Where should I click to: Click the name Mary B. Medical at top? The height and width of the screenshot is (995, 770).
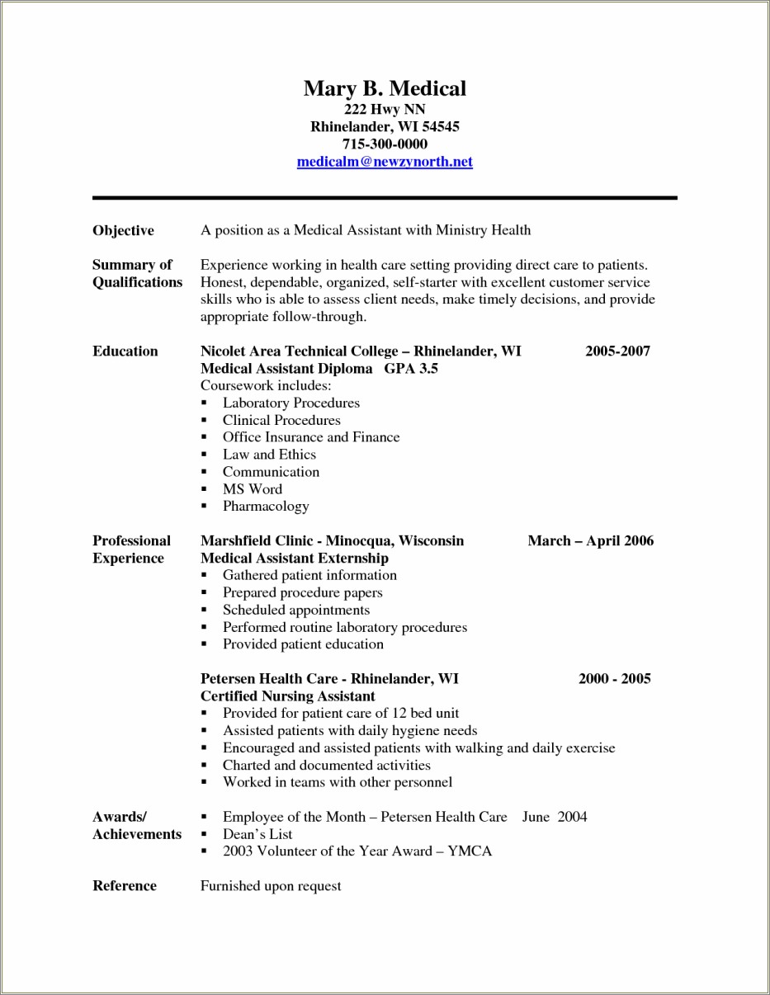[x=385, y=88]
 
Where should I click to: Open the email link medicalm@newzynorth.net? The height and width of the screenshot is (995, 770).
[x=385, y=162]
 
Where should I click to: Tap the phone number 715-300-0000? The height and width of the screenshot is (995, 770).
[x=385, y=144]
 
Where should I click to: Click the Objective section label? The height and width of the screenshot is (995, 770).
[x=123, y=230]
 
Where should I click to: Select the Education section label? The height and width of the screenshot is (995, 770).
[x=125, y=351]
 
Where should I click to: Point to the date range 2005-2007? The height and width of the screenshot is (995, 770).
[x=617, y=351]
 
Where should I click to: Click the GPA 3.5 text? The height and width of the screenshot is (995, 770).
[x=411, y=368]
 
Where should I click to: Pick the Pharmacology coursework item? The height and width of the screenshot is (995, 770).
[x=265, y=506]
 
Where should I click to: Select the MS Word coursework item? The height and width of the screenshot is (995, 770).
[x=252, y=488]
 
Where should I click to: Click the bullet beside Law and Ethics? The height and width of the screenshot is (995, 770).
[x=204, y=455]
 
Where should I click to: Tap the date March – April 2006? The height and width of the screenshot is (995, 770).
[x=590, y=540]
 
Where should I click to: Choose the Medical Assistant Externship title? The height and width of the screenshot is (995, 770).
[x=294, y=558]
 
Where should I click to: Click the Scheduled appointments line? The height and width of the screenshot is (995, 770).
[x=295, y=610]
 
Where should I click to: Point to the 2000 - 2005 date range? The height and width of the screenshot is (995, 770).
[x=614, y=678]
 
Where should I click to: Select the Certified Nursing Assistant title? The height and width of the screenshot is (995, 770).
[x=287, y=696]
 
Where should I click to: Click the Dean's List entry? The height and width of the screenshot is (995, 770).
[x=257, y=834]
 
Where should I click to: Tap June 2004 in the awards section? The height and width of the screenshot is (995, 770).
[x=555, y=817]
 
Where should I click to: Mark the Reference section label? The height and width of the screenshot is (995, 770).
[x=124, y=885]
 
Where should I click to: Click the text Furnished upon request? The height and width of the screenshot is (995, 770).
[x=271, y=885]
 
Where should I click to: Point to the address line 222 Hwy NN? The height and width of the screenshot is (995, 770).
[x=385, y=109]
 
